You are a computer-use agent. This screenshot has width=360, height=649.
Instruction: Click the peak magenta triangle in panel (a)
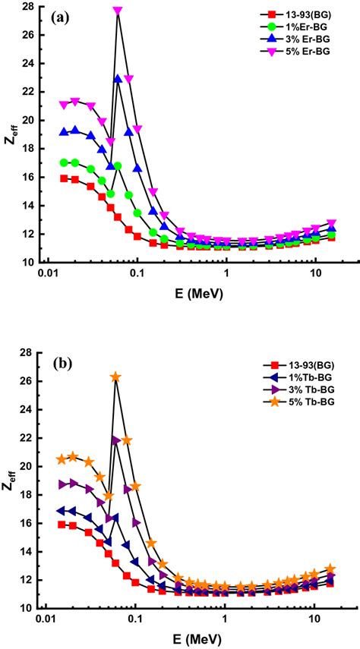118,11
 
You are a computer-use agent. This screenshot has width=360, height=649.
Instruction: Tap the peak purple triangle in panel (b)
115,440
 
